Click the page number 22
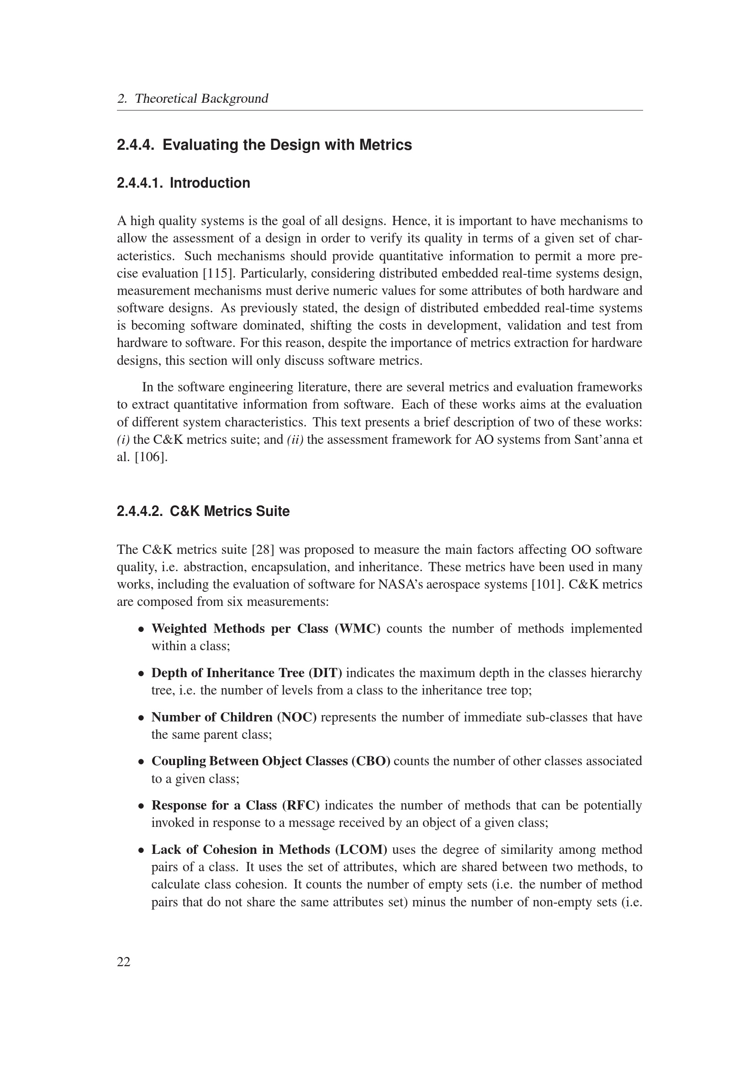pos(124,962)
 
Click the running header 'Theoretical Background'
pos(201,99)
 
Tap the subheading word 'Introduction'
pos(210,183)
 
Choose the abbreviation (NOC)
pos(297,717)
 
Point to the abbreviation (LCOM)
pos(360,850)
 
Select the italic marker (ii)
pos(295,440)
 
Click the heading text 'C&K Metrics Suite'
pos(230,511)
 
